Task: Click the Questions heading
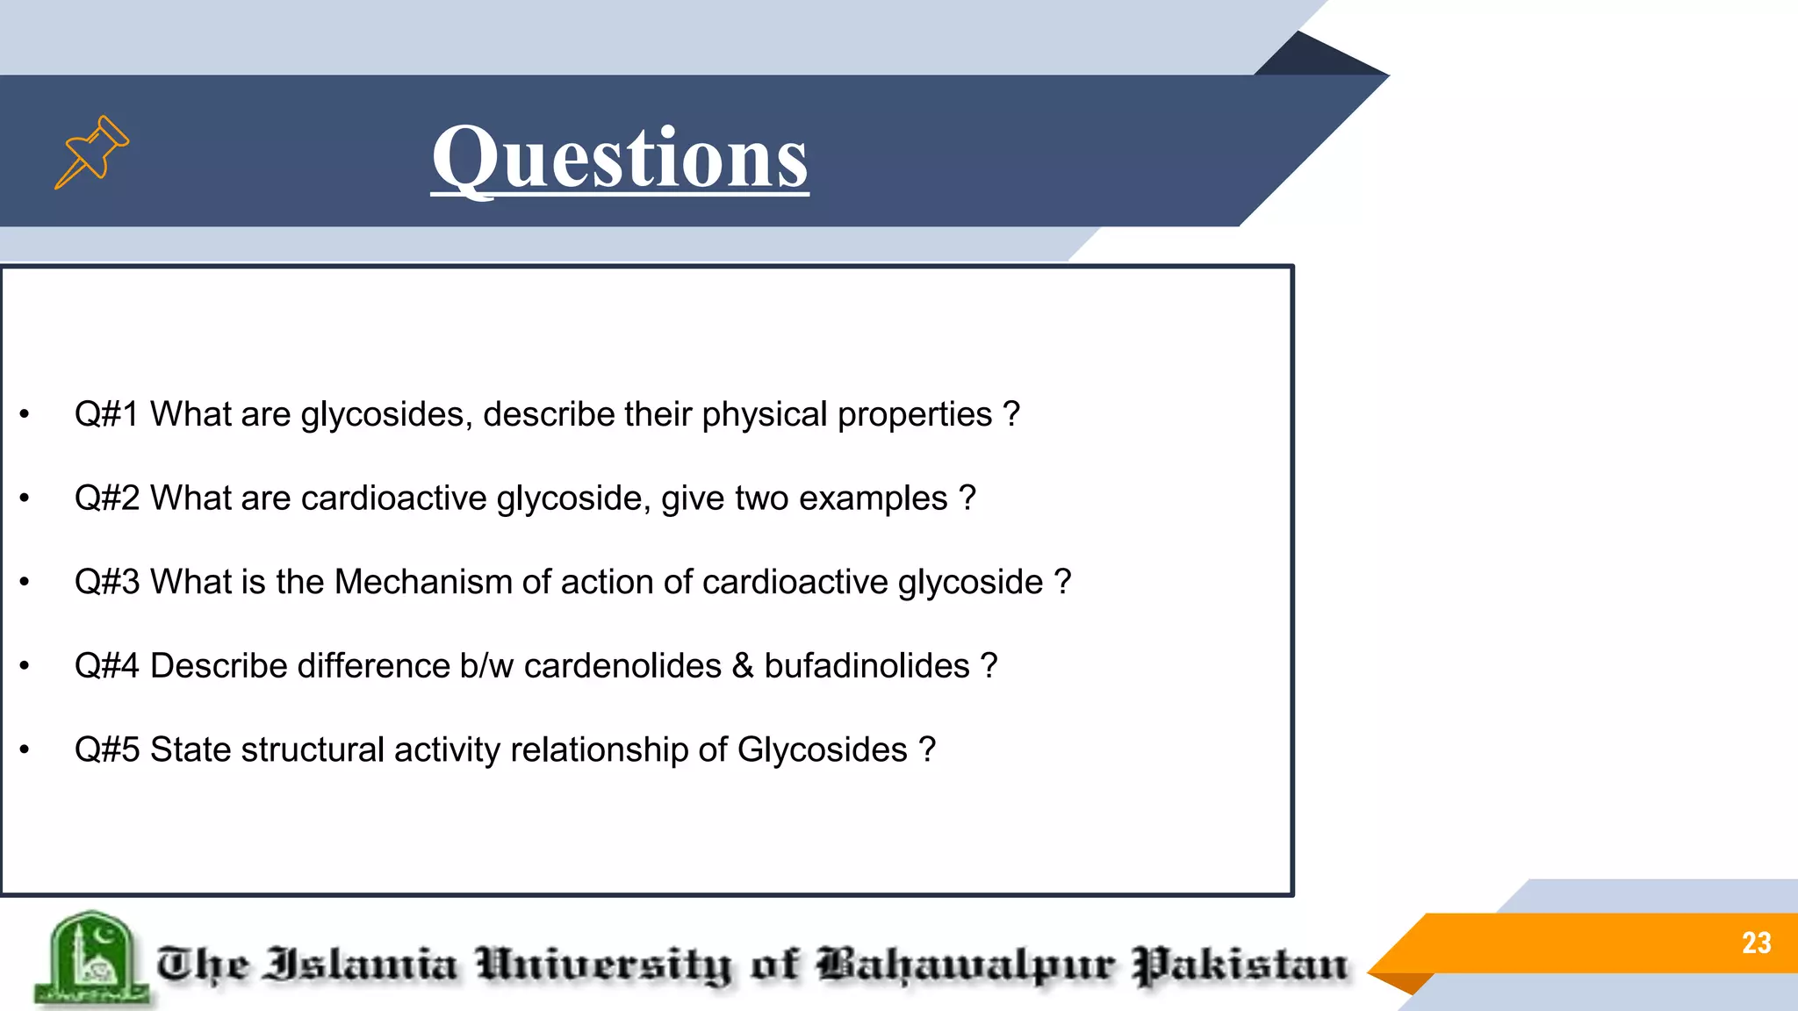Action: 620,158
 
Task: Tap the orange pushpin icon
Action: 91,152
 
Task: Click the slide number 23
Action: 1756,943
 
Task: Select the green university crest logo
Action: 90,959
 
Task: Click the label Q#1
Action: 106,414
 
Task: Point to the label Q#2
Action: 106,498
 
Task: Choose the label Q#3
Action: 106,582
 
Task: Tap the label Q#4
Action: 106,666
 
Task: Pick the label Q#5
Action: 106,750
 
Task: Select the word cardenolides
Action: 622,666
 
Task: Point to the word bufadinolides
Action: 867,666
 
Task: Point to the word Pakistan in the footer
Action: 1240,965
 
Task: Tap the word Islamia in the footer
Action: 361,964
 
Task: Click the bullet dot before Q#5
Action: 25,750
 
